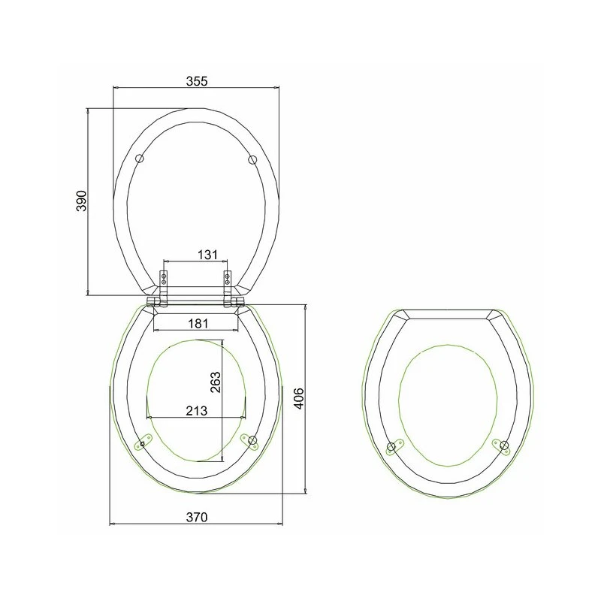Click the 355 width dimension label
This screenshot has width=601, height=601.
coord(196,78)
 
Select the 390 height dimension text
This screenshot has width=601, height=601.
coord(82,201)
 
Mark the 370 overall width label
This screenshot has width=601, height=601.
coord(196,516)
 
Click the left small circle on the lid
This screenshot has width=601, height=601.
coord(140,159)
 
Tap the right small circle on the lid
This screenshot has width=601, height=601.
coord(252,159)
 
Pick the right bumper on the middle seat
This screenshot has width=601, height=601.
coord(251,441)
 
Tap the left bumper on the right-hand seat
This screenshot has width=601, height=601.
coord(392,448)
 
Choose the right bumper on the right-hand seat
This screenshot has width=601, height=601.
coord(502,446)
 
